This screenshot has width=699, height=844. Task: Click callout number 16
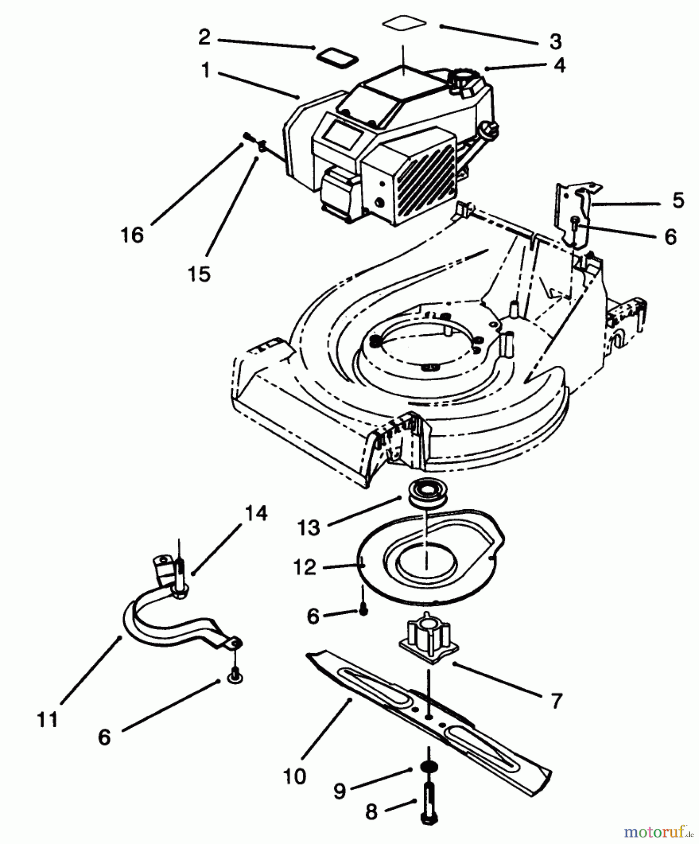[x=132, y=234]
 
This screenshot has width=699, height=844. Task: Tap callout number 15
[x=199, y=274]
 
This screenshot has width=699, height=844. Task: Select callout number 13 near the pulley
[x=308, y=527]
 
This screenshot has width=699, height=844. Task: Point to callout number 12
[x=305, y=567]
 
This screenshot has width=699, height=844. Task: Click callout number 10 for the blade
[x=294, y=776]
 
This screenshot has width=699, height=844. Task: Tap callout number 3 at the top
[x=555, y=42]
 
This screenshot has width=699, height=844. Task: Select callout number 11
[x=47, y=719]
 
